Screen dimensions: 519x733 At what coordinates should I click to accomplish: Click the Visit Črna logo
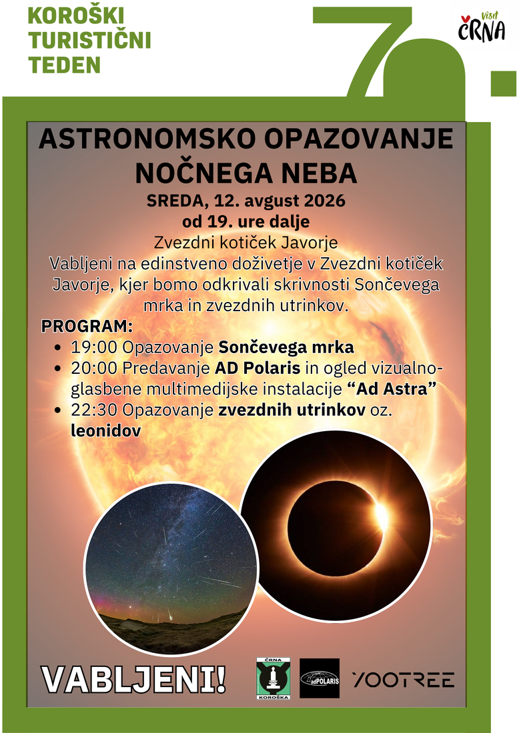482,27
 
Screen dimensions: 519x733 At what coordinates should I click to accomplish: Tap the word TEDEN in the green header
65,65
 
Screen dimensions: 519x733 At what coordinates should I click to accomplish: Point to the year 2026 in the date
325,201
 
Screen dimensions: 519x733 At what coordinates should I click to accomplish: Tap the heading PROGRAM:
87,326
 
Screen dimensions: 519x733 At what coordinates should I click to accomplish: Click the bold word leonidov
106,430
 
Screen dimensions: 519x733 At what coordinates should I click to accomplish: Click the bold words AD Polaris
257,368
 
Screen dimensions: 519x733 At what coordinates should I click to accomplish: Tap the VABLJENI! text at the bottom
133,679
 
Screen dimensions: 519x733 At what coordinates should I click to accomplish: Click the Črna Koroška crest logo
274,678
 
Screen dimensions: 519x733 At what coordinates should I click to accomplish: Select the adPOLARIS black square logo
319,678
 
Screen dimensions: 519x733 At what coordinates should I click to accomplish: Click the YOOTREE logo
403,679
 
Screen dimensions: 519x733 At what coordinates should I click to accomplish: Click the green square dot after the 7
504,84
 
